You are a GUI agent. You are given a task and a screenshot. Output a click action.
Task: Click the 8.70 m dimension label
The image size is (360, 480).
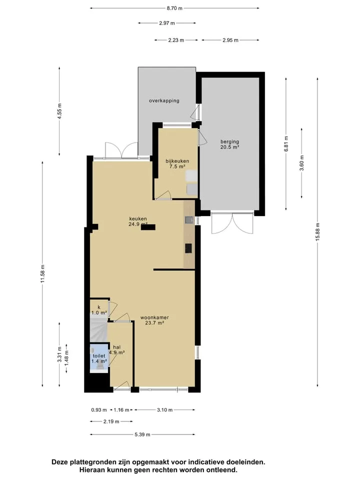(174, 8)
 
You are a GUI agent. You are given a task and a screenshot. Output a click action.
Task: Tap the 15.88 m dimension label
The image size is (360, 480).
(317, 231)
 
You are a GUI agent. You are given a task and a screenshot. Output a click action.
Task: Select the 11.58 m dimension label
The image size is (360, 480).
(42, 274)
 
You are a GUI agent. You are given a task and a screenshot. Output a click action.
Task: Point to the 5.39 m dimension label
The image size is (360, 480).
(142, 434)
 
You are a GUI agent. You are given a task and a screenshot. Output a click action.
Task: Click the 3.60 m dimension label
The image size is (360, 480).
(301, 163)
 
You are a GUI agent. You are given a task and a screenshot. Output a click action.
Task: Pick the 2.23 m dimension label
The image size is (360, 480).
(176, 40)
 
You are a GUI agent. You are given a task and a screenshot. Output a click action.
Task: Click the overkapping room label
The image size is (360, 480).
(164, 100)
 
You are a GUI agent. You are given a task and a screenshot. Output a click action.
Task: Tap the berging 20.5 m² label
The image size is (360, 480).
(229, 144)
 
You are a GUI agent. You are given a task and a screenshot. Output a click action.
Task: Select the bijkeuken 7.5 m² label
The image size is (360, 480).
(177, 164)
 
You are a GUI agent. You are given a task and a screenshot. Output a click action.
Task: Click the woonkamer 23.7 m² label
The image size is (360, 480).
(154, 320)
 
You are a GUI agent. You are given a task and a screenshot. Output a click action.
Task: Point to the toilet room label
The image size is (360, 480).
(99, 356)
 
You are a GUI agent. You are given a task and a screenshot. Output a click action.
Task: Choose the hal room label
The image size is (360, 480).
(116, 347)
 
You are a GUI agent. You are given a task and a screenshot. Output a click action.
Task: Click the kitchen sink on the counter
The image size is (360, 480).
(189, 219)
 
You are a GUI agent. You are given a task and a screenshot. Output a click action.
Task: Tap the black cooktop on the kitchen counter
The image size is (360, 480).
(188, 248)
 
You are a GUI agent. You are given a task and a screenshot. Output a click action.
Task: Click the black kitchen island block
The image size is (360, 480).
(148, 227)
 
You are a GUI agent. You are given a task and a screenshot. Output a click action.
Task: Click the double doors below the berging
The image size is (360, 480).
(232, 222)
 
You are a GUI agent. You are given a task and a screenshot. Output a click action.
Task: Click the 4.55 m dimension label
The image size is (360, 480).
(59, 111)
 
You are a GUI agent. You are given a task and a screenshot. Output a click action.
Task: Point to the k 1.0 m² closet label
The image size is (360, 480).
(99, 310)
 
